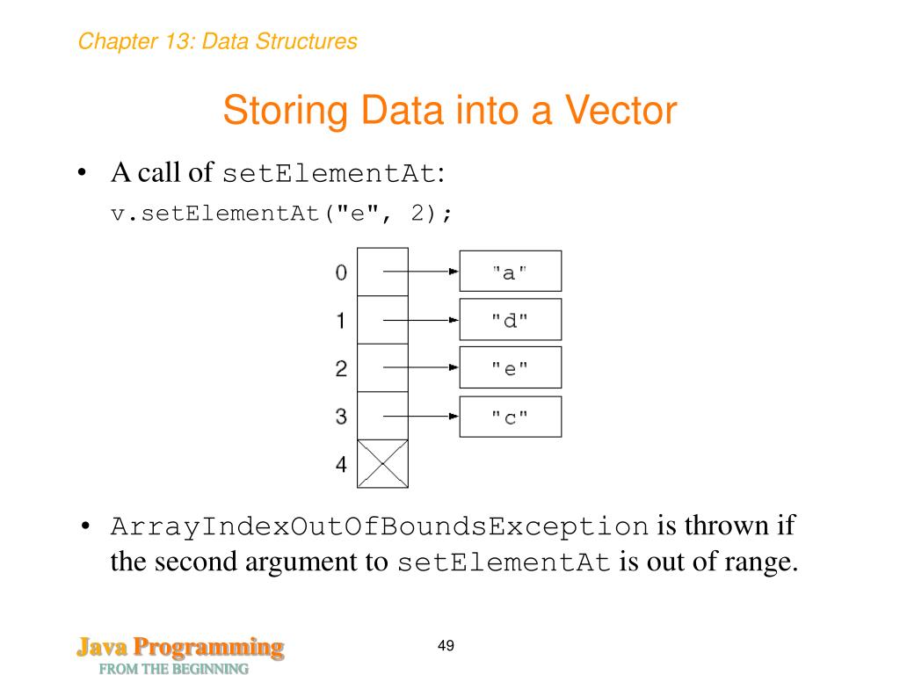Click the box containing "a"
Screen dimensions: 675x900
510,272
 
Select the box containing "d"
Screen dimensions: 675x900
510,320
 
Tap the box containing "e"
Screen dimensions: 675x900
510,368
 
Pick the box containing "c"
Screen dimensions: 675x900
510,417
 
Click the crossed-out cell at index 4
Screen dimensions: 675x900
382,464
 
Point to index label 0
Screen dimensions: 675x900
341,272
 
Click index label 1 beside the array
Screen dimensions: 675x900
341,321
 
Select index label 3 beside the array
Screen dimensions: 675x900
341,417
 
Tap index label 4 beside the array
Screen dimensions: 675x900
341,465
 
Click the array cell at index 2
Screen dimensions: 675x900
382,368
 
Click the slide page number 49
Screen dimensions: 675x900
446,647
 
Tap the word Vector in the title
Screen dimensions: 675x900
621,112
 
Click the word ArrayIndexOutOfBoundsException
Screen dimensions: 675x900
380,527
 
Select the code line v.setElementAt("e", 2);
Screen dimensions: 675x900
281,214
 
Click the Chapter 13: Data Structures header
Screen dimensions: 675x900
217,41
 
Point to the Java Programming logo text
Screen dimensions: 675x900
179,649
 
